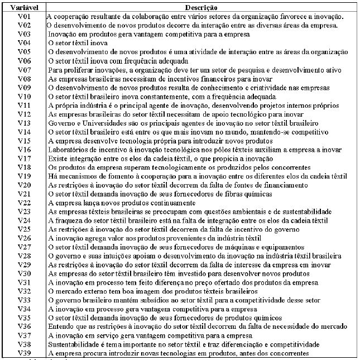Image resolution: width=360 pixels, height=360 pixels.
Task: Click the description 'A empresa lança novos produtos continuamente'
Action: tap(122, 203)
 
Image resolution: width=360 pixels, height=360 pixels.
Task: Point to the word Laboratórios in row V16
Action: tap(69, 150)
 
